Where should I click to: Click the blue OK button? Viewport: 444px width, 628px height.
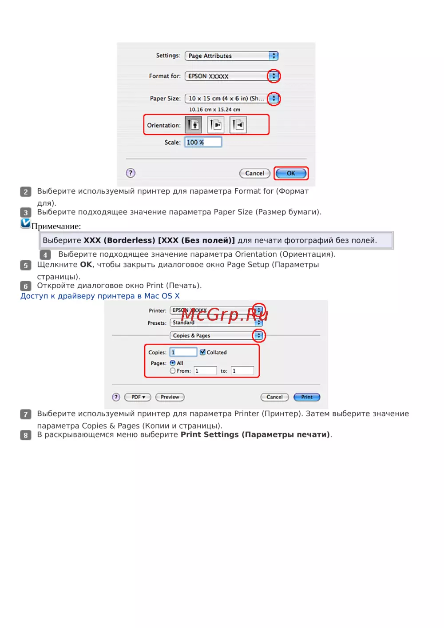tap(291, 173)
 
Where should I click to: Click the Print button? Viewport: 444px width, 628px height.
tap(307, 397)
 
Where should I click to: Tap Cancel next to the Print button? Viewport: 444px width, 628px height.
tap(274, 397)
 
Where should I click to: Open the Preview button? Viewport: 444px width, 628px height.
tap(170, 397)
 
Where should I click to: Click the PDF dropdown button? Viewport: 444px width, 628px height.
tap(138, 397)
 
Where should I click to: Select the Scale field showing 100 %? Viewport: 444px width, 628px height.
tap(203, 142)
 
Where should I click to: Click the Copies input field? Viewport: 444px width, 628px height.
tap(183, 352)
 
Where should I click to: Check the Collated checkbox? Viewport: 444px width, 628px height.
tap(202, 352)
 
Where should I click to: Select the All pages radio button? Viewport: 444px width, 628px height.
tap(173, 363)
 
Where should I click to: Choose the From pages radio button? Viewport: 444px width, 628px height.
tap(173, 371)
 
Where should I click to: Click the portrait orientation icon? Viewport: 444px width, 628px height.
tap(193, 124)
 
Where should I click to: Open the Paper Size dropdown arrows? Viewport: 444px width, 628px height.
tap(274, 99)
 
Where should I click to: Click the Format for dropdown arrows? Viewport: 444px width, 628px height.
tap(274, 76)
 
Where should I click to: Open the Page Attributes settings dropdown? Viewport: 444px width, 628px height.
tap(231, 56)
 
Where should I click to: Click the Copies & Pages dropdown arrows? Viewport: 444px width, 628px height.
tap(259, 335)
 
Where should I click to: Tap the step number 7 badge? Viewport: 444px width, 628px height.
tap(25, 414)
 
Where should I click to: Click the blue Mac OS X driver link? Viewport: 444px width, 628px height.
tap(100, 296)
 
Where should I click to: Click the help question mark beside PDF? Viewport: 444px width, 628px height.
tap(116, 397)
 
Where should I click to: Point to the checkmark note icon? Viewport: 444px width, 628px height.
tap(25, 223)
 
